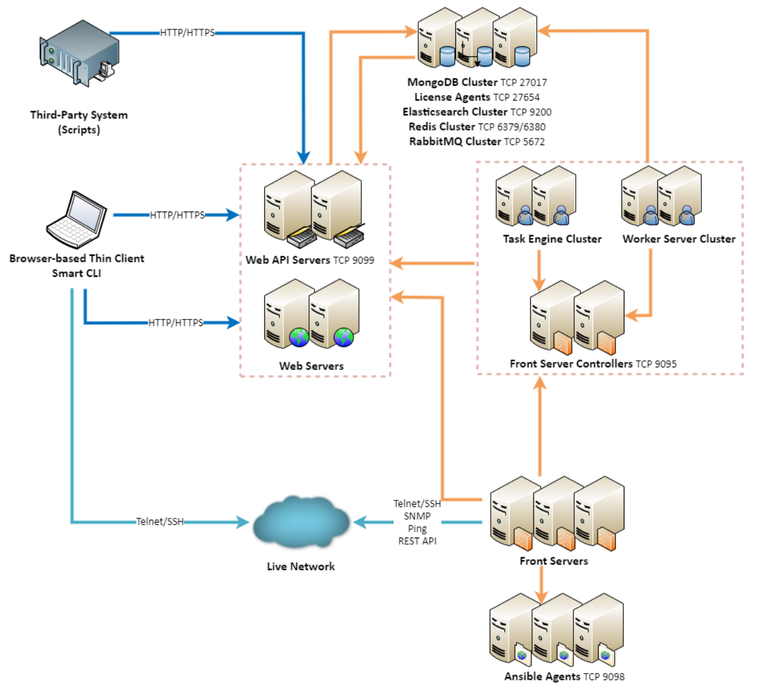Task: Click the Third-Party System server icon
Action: tap(79, 53)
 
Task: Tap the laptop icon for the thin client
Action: tap(76, 219)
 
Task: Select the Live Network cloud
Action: tap(301, 522)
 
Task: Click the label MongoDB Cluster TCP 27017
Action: tap(477, 82)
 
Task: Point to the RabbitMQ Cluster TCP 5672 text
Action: tap(477, 141)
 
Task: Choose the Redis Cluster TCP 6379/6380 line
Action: tap(477, 126)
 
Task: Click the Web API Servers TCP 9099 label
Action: tap(310, 260)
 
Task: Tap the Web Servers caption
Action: tap(312, 366)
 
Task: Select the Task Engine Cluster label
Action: tap(552, 239)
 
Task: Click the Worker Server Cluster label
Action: tap(679, 239)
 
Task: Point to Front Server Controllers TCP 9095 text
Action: tap(593, 364)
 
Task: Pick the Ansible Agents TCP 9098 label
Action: tap(564, 677)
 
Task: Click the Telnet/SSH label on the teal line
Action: tap(160, 521)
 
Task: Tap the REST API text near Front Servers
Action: tap(418, 541)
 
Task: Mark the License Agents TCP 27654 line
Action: tap(477, 97)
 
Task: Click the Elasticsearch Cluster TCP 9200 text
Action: tap(477, 112)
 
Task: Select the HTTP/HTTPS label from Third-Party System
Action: tap(187, 33)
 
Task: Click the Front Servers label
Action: tap(554, 561)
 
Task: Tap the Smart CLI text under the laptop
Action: tap(76, 273)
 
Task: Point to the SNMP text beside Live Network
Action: tap(417, 516)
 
